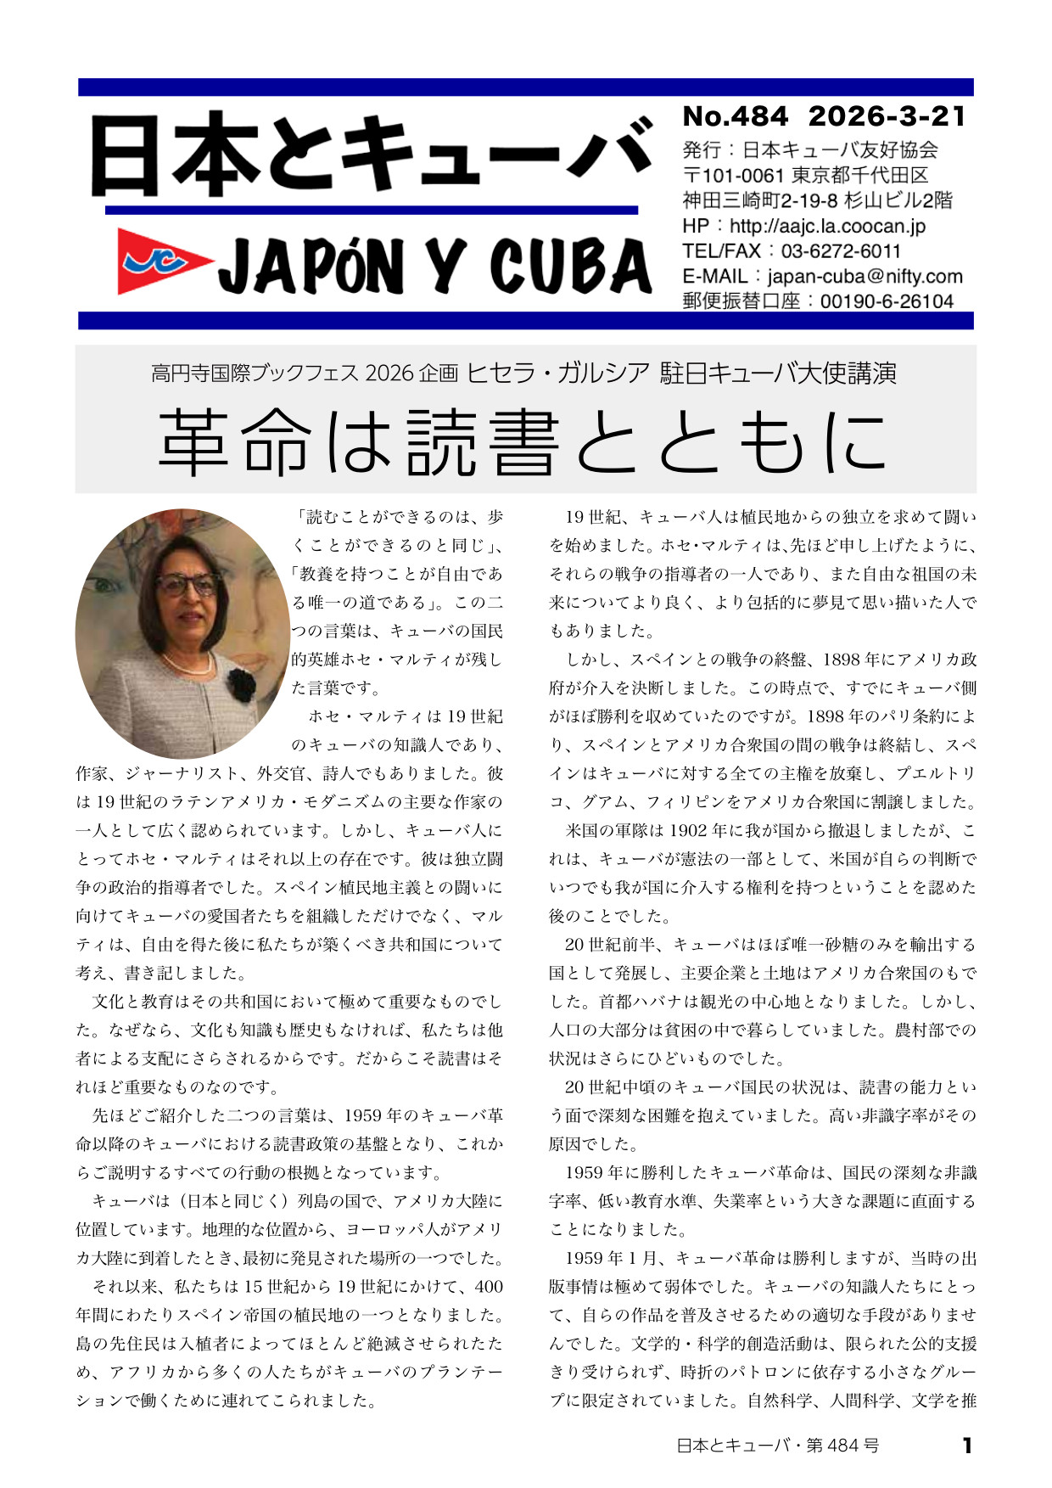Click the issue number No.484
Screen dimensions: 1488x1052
tap(735, 116)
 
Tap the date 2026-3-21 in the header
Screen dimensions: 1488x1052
tap(887, 116)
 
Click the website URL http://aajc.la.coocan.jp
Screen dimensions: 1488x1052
tap(827, 226)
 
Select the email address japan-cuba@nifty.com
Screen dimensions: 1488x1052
tap(865, 276)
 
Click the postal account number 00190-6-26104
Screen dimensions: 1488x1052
tap(887, 301)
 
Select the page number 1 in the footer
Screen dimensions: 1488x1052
tap(966, 1446)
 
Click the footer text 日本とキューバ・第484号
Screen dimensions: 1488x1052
tap(777, 1446)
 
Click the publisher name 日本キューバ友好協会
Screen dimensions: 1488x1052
tap(840, 150)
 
